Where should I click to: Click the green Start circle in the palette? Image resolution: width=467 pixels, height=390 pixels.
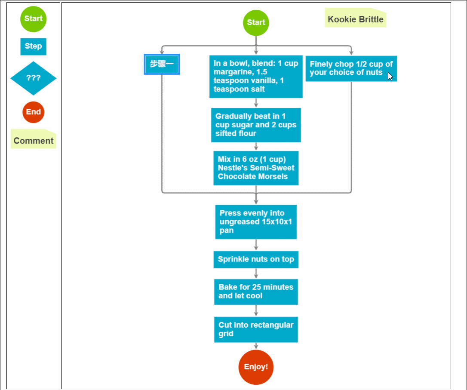[x=34, y=19]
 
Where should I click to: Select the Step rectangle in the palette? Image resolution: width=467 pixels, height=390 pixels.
[x=34, y=46]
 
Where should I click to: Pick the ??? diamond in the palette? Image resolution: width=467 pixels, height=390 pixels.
[x=34, y=78]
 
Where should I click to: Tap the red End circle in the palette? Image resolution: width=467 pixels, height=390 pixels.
[x=34, y=112]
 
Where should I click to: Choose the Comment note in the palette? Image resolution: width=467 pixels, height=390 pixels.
[x=34, y=139]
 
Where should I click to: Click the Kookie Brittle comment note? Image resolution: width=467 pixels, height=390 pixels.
[x=355, y=18]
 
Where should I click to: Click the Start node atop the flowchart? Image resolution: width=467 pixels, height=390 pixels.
[x=256, y=23]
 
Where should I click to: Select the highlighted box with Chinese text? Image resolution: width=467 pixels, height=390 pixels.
[x=162, y=64]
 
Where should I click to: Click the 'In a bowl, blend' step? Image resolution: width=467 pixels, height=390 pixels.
[x=256, y=77]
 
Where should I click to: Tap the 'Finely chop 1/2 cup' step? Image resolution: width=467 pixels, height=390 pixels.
[x=351, y=68]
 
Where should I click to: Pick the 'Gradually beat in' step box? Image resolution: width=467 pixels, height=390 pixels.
[x=256, y=125]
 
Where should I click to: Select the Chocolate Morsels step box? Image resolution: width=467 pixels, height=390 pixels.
[x=256, y=168]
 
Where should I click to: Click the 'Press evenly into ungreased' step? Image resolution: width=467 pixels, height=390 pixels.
[x=256, y=222]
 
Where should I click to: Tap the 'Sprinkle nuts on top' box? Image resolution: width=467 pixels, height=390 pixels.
[x=256, y=260]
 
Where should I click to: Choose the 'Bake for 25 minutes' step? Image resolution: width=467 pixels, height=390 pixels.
[x=256, y=292]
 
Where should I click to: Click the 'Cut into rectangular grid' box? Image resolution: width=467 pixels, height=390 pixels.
[x=256, y=329]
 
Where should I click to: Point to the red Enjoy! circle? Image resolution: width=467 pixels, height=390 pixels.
[x=256, y=367]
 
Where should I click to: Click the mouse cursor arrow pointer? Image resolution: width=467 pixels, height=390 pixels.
[x=390, y=76]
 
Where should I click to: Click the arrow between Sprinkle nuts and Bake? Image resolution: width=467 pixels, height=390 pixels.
[x=256, y=273]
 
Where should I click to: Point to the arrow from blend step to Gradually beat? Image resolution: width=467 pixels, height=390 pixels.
[x=256, y=103]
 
